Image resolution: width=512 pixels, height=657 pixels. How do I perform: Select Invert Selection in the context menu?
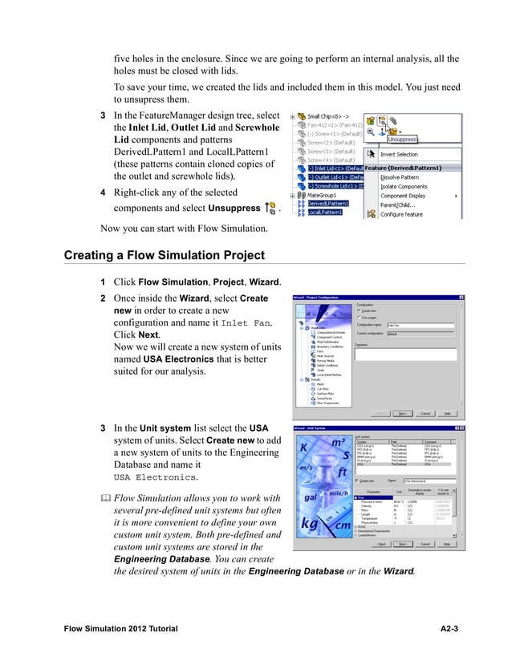click(x=411, y=154)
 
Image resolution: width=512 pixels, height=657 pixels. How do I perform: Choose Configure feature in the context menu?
click(x=412, y=214)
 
